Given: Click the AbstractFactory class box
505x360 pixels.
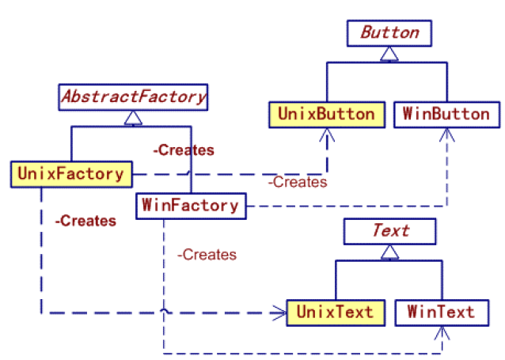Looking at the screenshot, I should click(133, 97).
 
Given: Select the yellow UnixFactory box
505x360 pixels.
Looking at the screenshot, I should click(70, 173).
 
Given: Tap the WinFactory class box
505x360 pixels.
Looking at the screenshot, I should click(190, 206).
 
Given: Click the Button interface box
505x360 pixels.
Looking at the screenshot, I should click(389, 33).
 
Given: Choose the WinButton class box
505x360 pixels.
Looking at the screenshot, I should click(446, 114).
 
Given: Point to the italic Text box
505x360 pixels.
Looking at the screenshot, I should click(389, 230).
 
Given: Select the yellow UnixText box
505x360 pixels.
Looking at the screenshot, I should click(334, 311).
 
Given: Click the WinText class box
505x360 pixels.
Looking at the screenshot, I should click(440, 311).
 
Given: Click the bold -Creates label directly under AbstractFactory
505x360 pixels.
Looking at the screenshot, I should click(184, 150).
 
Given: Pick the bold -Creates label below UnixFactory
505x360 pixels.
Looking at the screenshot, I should click(85, 221).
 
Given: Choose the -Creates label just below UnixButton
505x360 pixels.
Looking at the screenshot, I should click(297, 182).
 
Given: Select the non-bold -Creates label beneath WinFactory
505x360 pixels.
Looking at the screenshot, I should click(207, 254).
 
